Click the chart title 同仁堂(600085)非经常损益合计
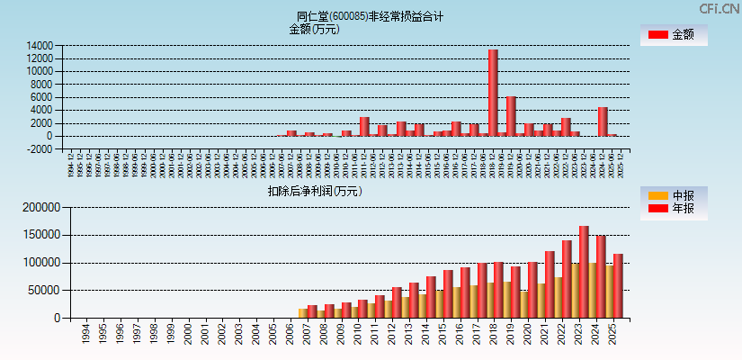pyautogui.click(x=370, y=16)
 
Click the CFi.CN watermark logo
pyautogui.click(x=719, y=9)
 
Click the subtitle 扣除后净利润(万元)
pyautogui.click(x=315, y=191)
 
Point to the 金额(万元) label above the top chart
pyautogui.click(x=314, y=29)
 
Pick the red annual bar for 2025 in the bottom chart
pyautogui.click(x=618, y=286)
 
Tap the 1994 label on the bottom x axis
pyautogui.click(x=85, y=336)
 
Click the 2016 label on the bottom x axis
pyautogui.click(x=464, y=336)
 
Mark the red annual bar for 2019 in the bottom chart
pyautogui.click(x=515, y=292)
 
